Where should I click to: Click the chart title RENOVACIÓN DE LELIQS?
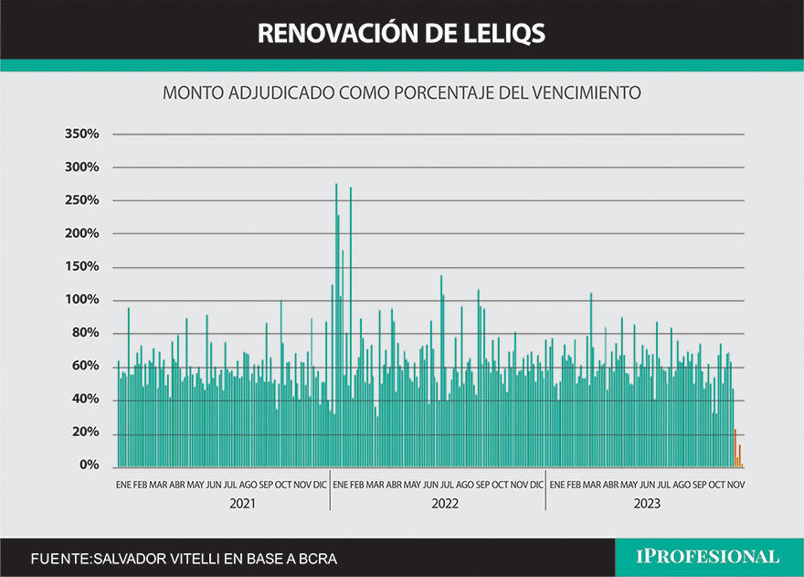tap(401, 33)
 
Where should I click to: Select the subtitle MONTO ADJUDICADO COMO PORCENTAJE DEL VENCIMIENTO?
tap(402, 92)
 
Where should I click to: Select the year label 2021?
tap(242, 503)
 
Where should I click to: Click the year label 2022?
tap(445, 503)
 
